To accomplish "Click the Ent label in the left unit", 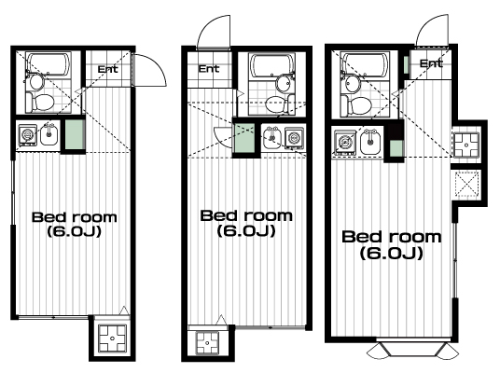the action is click(107, 69).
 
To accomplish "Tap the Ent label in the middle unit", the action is click(209, 69).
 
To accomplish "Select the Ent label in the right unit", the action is click(431, 63).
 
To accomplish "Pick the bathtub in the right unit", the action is click(365, 64).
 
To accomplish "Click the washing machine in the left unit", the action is click(27, 135).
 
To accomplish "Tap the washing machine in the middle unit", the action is click(293, 139).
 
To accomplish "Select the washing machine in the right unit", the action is click(344, 142).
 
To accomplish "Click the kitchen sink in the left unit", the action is click(49, 135).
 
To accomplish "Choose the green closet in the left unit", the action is click(75, 134).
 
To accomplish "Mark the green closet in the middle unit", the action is click(245, 138).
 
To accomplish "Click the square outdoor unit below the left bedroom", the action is click(112, 338).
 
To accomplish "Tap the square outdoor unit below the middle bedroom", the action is click(207, 343).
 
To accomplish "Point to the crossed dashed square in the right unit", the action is click(467, 184).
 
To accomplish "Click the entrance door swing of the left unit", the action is click(150, 70).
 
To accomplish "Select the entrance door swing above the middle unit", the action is click(214, 32).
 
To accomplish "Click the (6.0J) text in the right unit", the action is click(392, 254).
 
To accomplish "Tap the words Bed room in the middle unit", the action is click(246, 215).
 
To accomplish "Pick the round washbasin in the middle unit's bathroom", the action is click(284, 83).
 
